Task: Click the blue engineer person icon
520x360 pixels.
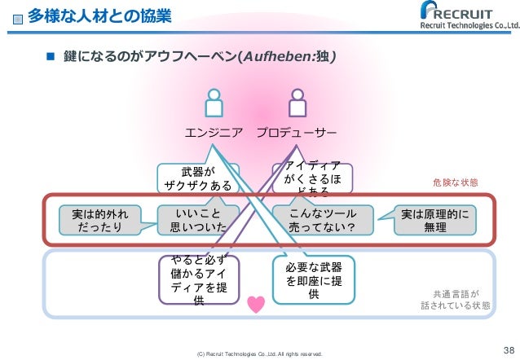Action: click(214, 103)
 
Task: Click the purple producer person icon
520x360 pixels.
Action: click(297, 103)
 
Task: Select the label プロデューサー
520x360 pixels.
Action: click(297, 132)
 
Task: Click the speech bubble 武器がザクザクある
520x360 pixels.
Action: click(198, 178)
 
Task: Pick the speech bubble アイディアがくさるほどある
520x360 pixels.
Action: click(313, 178)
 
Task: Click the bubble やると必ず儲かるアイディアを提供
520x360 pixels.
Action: click(198, 279)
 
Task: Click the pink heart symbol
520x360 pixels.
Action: click(256, 304)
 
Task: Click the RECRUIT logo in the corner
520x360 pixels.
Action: click(465, 16)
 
